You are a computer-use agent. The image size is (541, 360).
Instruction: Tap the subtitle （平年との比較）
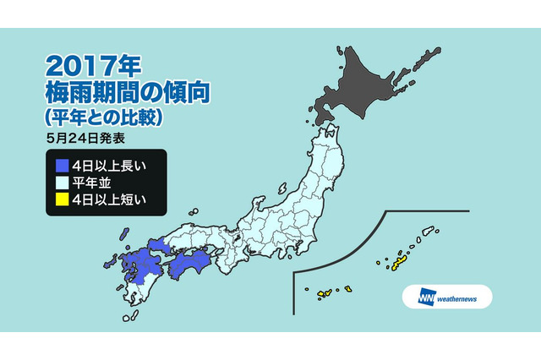105,114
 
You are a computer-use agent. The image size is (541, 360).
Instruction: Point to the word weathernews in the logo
462,297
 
